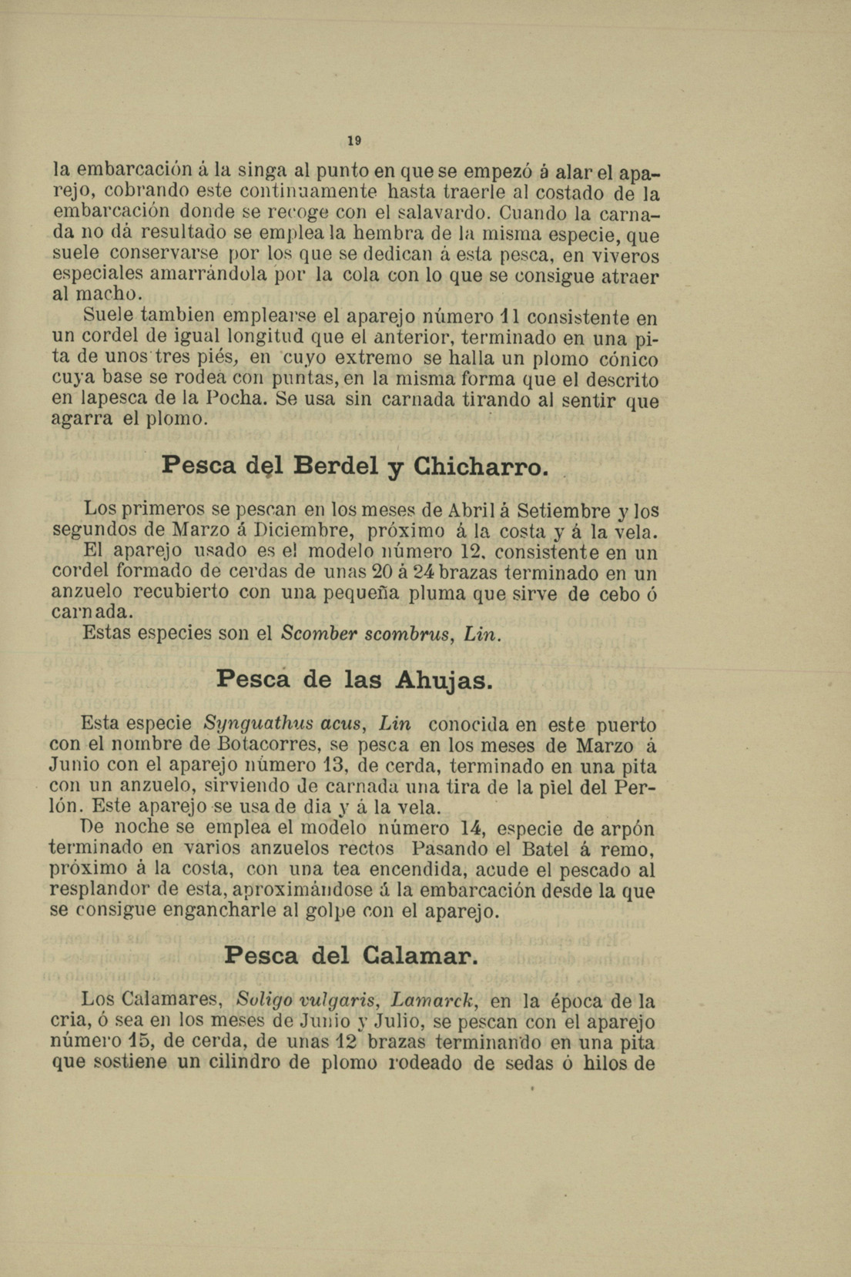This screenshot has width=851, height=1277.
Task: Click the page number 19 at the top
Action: click(x=353, y=141)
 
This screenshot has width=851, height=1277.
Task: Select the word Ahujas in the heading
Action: click(x=443, y=680)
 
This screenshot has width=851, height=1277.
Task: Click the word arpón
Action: click(x=628, y=830)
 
